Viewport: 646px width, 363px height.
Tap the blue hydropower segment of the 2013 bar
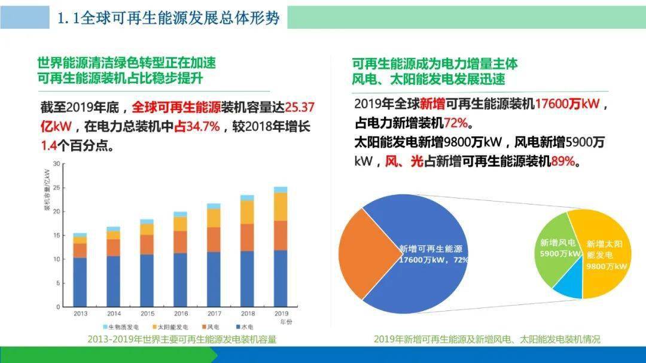click(80, 282)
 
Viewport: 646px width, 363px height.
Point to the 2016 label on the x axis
click(180, 313)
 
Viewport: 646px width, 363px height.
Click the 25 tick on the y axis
click(56, 187)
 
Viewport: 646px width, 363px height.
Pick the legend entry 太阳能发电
click(172, 327)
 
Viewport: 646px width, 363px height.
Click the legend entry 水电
click(246, 327)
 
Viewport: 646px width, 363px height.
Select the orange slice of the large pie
click(356, 251)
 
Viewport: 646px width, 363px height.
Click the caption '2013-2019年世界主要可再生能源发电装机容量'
click(182, 339)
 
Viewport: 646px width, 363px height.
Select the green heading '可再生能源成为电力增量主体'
click(435, 64)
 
